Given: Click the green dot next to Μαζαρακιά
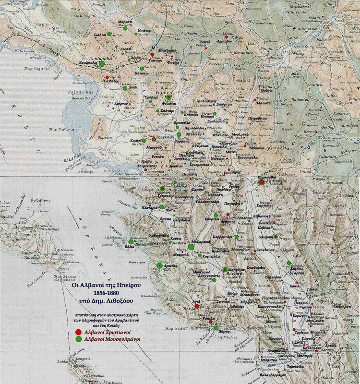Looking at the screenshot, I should click(191, 247).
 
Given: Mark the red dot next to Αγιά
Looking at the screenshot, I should click(197, 305).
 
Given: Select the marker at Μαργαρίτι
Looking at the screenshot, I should click(225, 269).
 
